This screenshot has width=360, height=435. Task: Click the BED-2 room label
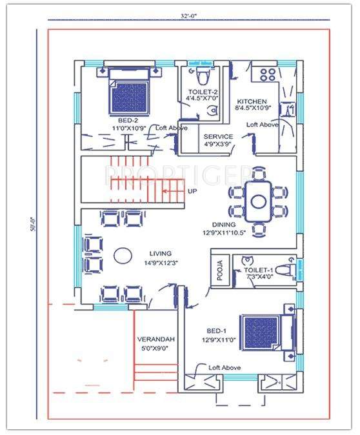coord(128,121)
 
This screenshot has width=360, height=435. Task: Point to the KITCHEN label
coord(252,102)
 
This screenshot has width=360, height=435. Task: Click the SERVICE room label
coord(217,137)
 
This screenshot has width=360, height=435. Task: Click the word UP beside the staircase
coord(192,191)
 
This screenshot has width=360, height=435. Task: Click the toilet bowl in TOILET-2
coord(204,76)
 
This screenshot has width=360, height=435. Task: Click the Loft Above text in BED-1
coord(225,367)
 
